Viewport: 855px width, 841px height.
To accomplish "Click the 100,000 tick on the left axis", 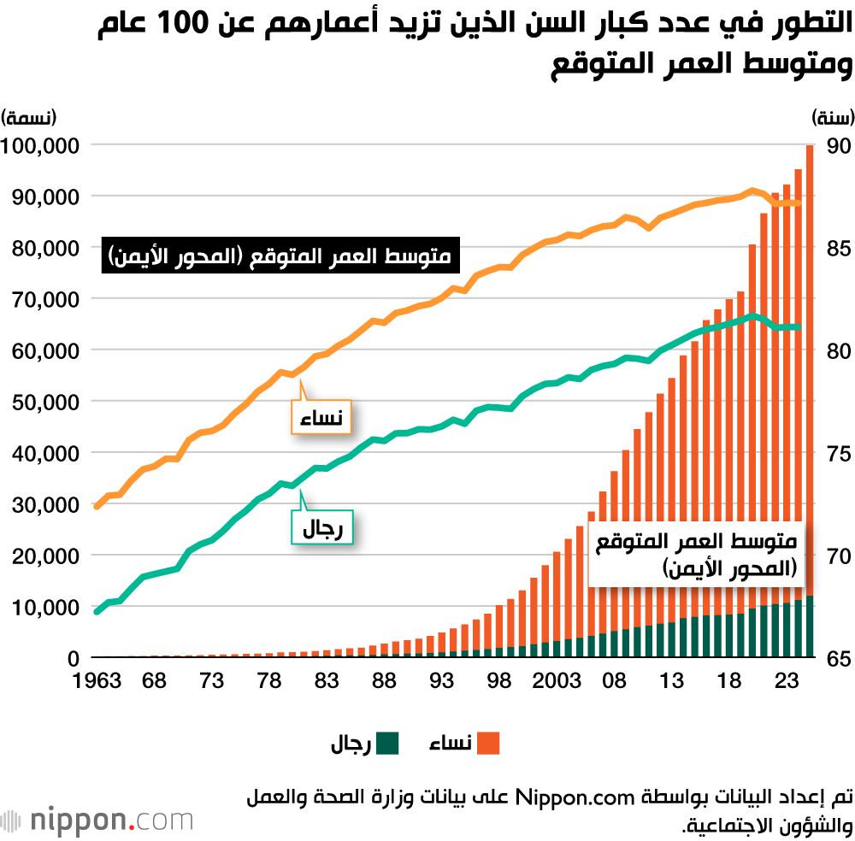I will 41,145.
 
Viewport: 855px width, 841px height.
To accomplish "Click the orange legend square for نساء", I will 488,744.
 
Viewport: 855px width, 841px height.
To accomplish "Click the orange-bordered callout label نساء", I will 322,418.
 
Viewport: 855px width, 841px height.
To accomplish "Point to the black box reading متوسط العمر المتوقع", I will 280,256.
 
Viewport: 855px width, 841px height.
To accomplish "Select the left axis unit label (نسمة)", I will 29,116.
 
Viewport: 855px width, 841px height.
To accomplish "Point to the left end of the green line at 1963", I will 97,611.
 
